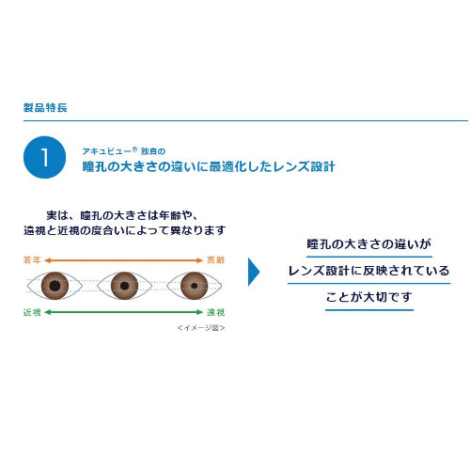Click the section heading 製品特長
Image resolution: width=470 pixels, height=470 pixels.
coord(45,107)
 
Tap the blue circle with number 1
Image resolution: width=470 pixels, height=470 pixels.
coord(45,157)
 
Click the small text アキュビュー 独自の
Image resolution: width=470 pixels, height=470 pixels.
coord(124,151)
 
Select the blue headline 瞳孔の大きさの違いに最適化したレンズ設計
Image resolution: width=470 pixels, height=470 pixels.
coord(209,166)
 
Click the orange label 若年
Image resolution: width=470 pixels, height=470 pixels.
coord(32,260)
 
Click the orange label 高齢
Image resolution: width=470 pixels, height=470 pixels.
coord(215,260)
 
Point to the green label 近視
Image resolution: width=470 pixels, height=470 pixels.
coord(32,312)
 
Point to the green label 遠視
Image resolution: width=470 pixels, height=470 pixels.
coord(215,312)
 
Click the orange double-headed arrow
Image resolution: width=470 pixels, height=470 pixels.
coord(124,260)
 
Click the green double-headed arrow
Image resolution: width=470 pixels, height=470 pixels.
coord(124,312)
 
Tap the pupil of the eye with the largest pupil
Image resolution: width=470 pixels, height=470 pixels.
coord(55,286)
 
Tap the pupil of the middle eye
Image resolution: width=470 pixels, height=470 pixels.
coord(124,286)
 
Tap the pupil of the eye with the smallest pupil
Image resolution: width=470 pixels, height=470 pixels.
coord(195,286)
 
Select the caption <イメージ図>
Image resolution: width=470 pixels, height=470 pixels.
coord(201,328)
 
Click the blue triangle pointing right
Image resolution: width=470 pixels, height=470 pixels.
coord(254,272)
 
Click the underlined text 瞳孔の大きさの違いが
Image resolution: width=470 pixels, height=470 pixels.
coord(369,244)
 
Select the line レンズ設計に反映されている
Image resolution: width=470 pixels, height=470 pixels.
coord(368,271)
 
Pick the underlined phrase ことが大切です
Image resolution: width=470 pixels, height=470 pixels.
coord(369,297)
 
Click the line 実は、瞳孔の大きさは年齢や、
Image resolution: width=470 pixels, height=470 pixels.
coord(122,215)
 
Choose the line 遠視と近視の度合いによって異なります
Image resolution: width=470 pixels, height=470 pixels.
coord(124,230)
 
